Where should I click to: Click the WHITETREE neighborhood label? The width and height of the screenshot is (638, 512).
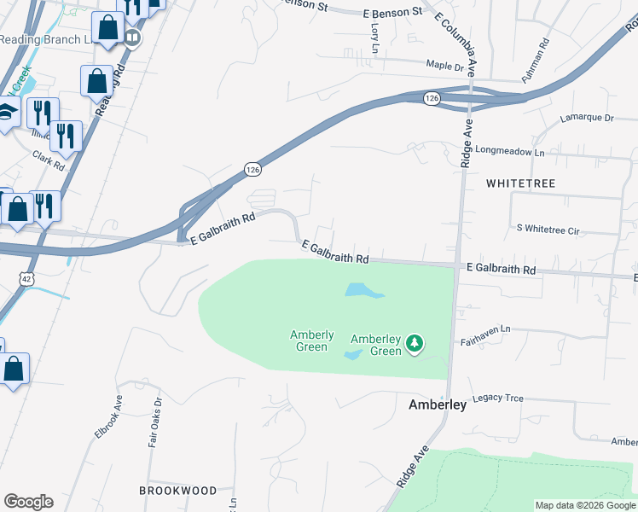[520, 183]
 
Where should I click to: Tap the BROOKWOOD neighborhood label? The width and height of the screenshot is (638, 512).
[178, 491]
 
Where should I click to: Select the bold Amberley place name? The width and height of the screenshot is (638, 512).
[438, 404]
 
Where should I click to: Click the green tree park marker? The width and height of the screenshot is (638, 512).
[415, 343]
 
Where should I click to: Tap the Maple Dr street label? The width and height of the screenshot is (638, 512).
[444, 66]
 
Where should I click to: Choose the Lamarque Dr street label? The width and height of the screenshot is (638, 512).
[587, 117]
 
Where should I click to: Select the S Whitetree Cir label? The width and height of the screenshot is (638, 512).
[548, 230]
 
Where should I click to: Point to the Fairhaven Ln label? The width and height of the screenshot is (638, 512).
[483, 329]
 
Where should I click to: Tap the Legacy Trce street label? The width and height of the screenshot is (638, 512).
[497, 399]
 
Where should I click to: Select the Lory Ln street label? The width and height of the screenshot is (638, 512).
[374, 36]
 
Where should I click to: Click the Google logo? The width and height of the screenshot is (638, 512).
[28, 502]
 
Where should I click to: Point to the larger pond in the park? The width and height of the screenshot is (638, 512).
[364, 290]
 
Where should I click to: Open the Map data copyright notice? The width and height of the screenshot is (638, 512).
[584, 505]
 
